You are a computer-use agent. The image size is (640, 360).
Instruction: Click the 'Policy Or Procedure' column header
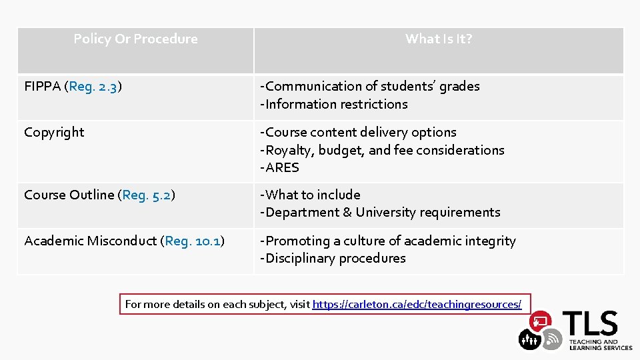135,39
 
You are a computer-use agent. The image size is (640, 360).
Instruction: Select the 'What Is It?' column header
439,39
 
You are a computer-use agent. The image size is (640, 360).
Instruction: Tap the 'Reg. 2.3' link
94,86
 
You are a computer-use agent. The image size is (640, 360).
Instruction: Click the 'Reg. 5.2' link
147,195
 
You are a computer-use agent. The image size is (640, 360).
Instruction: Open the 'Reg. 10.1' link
193,241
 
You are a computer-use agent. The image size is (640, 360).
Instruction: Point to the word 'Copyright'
54,132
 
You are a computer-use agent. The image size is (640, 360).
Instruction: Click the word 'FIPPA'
41,86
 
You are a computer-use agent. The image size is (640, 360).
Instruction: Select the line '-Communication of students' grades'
369,86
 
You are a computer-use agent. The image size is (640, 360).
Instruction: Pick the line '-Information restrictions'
333,104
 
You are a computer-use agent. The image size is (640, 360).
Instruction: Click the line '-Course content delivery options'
358,132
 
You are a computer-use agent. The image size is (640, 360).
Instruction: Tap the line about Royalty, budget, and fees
382,150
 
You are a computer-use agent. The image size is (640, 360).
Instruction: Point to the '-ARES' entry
279,167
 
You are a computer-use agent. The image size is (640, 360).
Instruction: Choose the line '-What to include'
310,195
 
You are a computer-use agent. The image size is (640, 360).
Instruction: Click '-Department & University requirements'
380,212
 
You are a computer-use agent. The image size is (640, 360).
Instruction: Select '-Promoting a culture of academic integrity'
388,241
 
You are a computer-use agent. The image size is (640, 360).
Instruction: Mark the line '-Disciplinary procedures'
333,258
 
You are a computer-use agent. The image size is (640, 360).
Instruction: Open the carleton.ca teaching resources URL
417,304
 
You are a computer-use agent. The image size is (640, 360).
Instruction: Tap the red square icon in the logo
539,321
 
